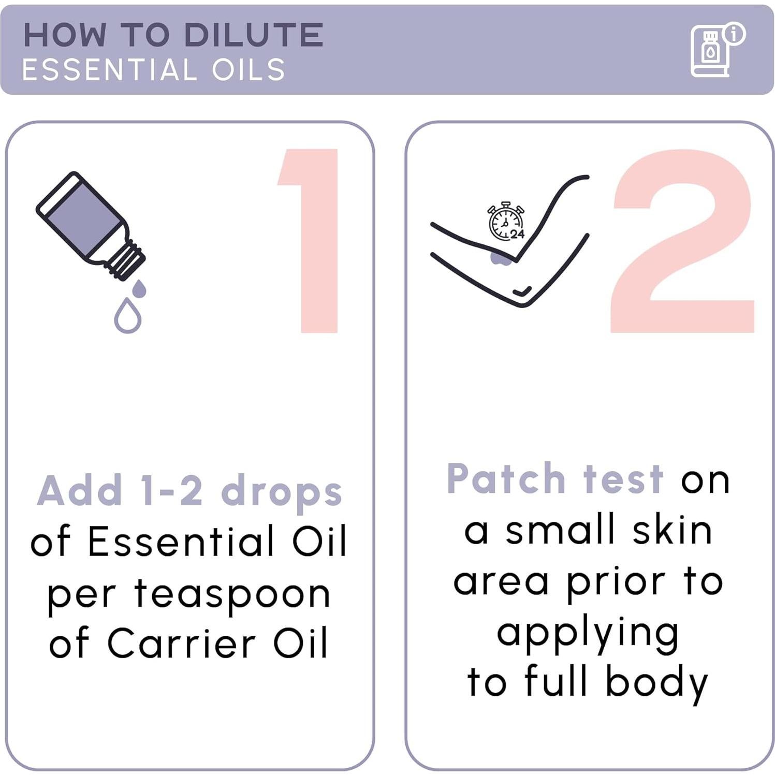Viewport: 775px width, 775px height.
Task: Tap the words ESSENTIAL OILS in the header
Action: click(x=154, y=69)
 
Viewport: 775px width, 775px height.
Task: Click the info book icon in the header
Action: click(x=717, y=50)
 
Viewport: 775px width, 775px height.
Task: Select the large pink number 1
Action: click(x=309, y=241)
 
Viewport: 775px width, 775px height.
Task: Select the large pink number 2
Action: click(x=682, y=241)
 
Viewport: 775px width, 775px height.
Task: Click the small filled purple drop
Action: click(x=139, y=289)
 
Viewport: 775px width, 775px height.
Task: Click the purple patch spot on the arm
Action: click(x=501, y=257)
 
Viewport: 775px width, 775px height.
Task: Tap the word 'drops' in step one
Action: click(x=282, y=492)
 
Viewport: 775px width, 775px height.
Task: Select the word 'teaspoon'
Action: click(x=232, y=596)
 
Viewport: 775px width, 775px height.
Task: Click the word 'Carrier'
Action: click(x=181, y=644)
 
